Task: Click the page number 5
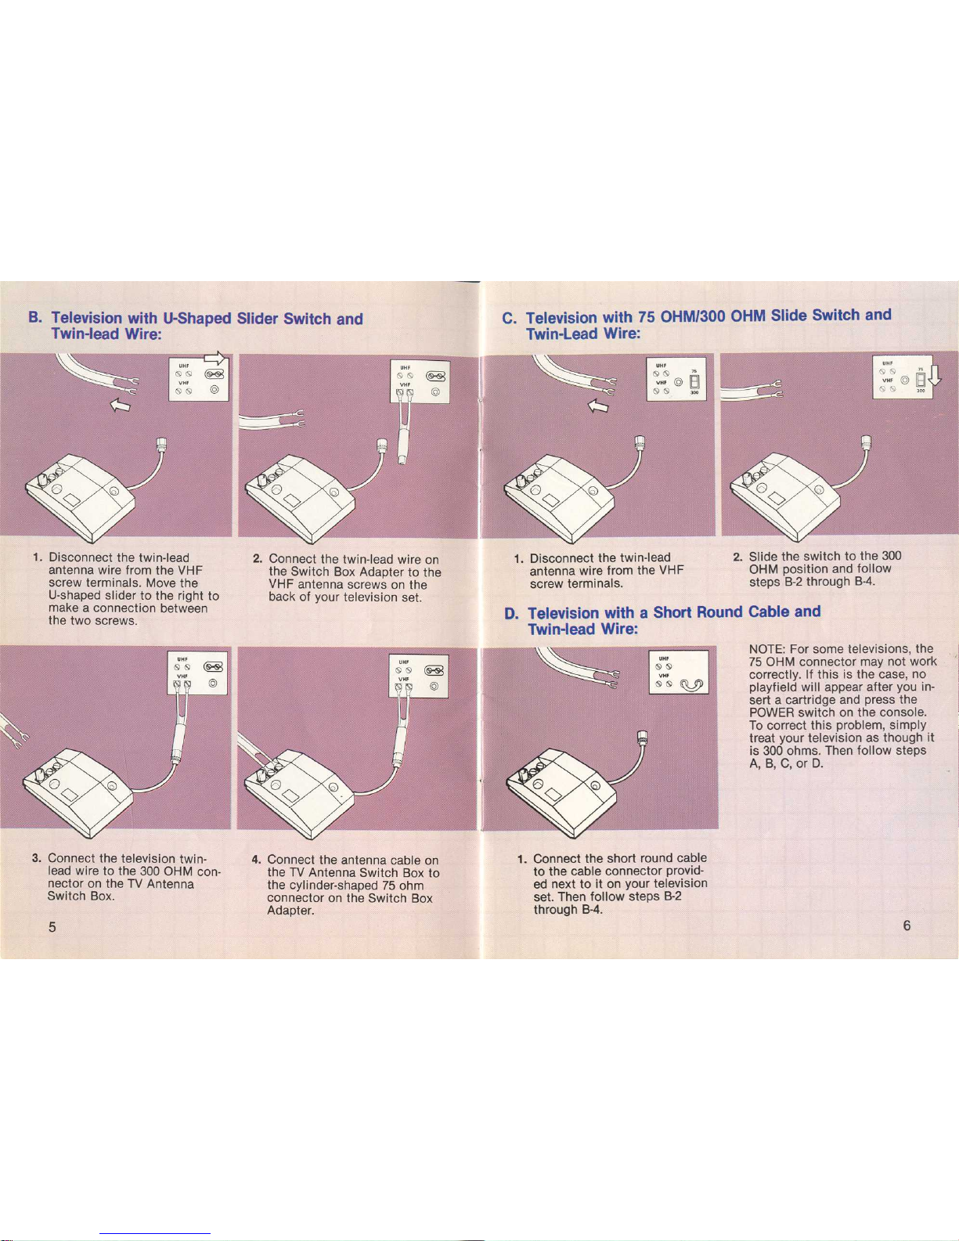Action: pyautogui.click(x=52, y=927)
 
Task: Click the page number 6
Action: pyautogui.click(x=907, y=925)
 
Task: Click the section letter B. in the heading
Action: pyautogui.click(x=34, y=319)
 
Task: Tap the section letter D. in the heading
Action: pyautogui.click(x=512, y=614)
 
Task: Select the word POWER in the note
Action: pyautogui.click(x=770, y=712)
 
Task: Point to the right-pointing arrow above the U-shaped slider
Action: pyautogui.click(x=213, y=358)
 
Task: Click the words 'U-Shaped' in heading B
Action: pyautogui.click(x=196, y=319)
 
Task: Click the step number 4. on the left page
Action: pyautogui.click(x=256, y=859)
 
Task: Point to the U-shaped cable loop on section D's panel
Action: pyautogui.click(x=692, y=687)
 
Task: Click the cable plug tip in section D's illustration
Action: pyautogui.click(x=643, y=735)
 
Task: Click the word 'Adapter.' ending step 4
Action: pyautogui.click(x=290, y=911)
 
